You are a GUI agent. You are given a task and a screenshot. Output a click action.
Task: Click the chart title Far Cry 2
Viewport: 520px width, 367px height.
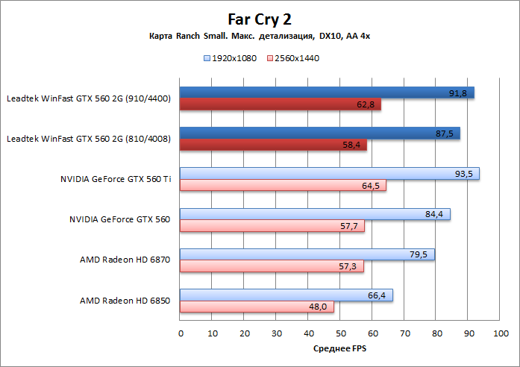tap(260, 18)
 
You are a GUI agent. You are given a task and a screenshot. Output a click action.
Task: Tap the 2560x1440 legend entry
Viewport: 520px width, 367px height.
tap(294, 57)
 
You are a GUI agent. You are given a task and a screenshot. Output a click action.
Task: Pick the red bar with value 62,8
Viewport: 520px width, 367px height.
tap(281, 104)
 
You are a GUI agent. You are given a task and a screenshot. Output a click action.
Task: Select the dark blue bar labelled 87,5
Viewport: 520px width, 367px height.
tap(320, 134)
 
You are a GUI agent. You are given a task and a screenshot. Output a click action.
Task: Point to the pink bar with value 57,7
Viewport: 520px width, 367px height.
tap(272, 226)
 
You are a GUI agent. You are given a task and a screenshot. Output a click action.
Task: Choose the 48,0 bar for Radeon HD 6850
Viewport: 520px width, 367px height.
tap(257, 307)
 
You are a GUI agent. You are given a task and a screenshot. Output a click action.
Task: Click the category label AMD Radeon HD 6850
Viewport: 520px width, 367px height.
tap(125, 301)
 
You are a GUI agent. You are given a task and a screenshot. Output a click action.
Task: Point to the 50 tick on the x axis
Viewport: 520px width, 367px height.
tap(340, 334)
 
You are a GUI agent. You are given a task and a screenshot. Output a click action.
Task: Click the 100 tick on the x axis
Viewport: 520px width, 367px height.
tap(500, 334)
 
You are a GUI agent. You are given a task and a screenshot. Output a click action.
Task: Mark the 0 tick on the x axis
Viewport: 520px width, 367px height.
tap(181, 334)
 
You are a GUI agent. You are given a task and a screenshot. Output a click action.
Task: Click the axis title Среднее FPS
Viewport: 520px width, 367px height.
tap(339, 348)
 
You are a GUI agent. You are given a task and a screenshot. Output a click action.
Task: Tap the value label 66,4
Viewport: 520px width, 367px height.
tap(377, 295)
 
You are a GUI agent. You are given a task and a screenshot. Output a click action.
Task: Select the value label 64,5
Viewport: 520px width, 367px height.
tap(371, 186)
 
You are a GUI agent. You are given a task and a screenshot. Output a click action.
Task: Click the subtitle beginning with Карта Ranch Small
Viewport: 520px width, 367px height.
tap(259, 37)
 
